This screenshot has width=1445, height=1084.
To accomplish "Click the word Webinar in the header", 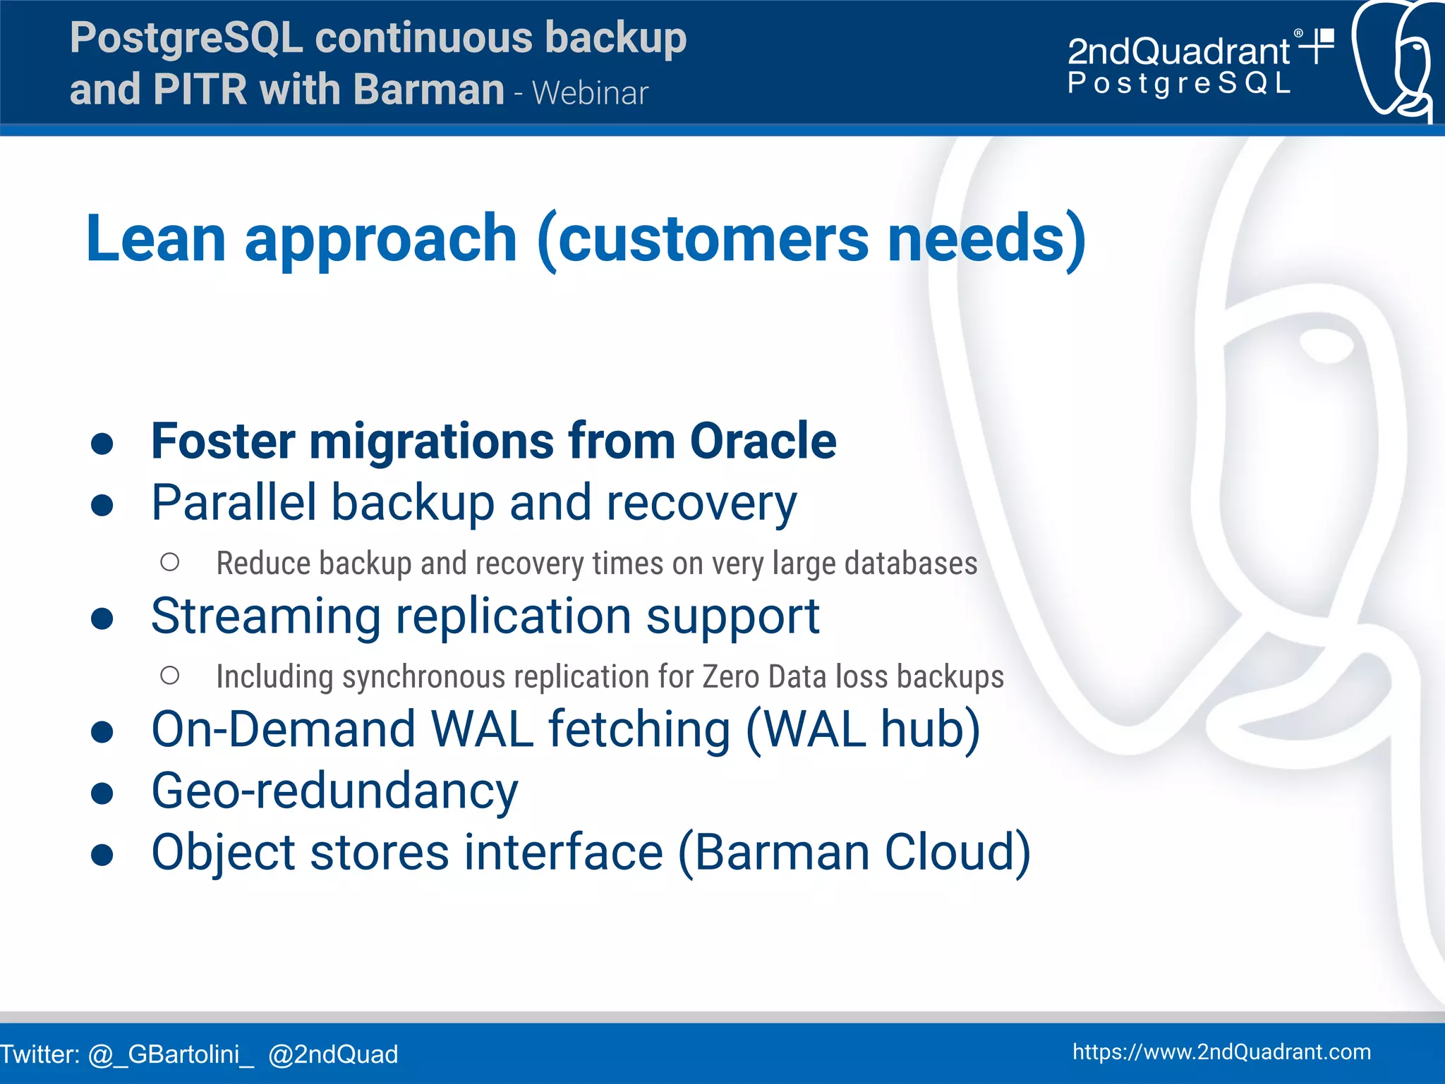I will tap(590, 93).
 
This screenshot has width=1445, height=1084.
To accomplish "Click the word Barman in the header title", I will tap(429, 90).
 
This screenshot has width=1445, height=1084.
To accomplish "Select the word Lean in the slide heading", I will tap(156, 238).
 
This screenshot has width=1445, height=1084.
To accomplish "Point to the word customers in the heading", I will tap(713, 238).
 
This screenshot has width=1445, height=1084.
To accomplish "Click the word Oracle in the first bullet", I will tap(763, 441).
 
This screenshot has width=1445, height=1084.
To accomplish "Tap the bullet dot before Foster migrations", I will tap(103, 444).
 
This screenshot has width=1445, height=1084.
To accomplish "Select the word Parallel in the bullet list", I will tap(234, 503).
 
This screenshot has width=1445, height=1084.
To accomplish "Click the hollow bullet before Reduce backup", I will tap(170, 562).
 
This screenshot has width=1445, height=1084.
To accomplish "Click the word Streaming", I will tap(266, 616).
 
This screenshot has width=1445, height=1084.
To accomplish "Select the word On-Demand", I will tap(283, 729).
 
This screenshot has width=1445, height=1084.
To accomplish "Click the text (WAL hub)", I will tap(863, 729).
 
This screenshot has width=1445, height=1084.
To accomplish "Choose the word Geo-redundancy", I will tap(334, 791).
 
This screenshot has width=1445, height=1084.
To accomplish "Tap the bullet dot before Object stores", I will tap(103, 854).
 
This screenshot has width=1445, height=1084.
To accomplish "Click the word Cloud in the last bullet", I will tap(957, 852).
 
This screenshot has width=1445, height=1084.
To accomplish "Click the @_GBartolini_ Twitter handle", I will tap(171, 1054).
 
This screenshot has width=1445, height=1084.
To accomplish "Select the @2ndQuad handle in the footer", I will tap(333, 1054).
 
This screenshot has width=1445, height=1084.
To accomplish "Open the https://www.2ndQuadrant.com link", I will tap(1221, 1052).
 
